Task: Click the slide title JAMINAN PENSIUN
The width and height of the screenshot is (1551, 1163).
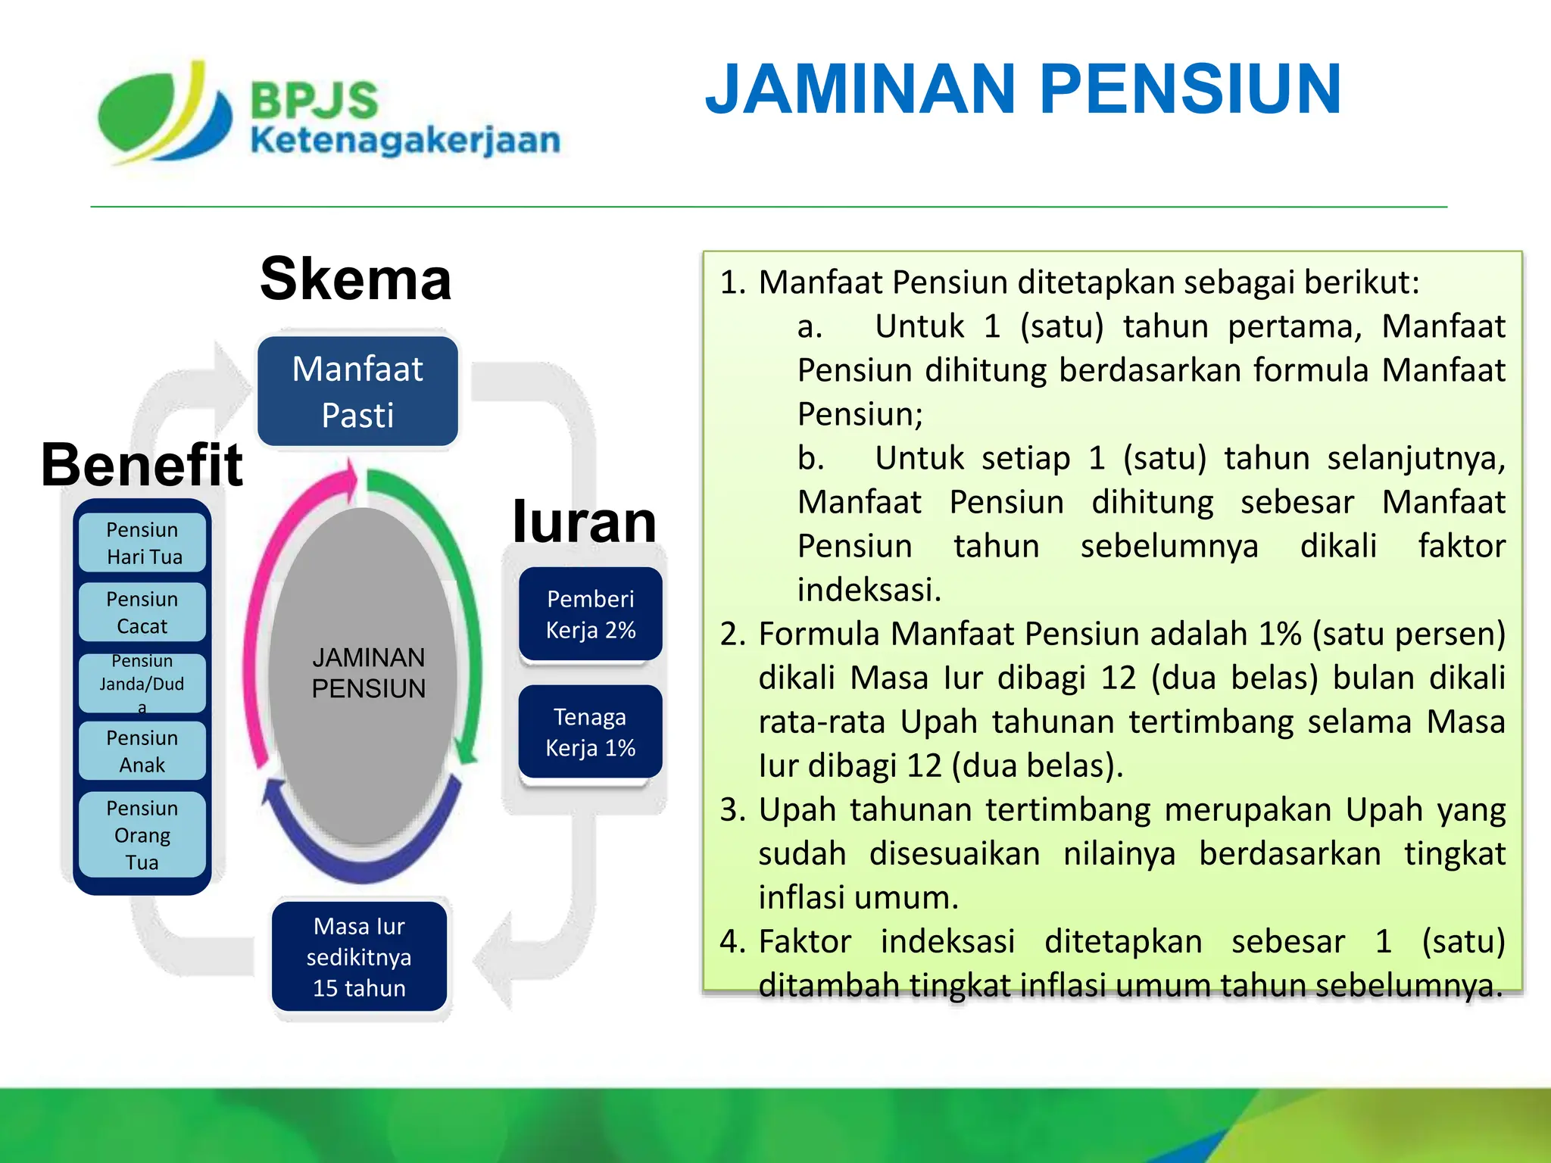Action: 1022,89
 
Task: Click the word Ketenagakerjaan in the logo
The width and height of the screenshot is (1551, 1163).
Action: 405,141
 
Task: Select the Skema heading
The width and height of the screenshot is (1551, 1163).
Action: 355,279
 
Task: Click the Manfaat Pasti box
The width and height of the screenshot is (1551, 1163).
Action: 357,391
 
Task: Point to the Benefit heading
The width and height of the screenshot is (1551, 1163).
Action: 142,465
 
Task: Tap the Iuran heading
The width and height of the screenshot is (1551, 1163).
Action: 584,522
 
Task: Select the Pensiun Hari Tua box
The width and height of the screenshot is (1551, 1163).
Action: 142,543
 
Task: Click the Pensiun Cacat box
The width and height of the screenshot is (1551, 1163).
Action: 142,612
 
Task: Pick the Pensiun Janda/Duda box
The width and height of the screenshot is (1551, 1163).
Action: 142,683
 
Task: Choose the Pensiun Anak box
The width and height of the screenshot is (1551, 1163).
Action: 142,750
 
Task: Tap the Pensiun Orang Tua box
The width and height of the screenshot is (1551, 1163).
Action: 142,834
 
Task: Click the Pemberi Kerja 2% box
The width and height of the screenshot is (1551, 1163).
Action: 590,614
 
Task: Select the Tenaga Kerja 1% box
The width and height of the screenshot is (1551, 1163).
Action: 590,732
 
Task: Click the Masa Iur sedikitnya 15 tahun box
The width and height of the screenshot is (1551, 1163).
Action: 359,956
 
